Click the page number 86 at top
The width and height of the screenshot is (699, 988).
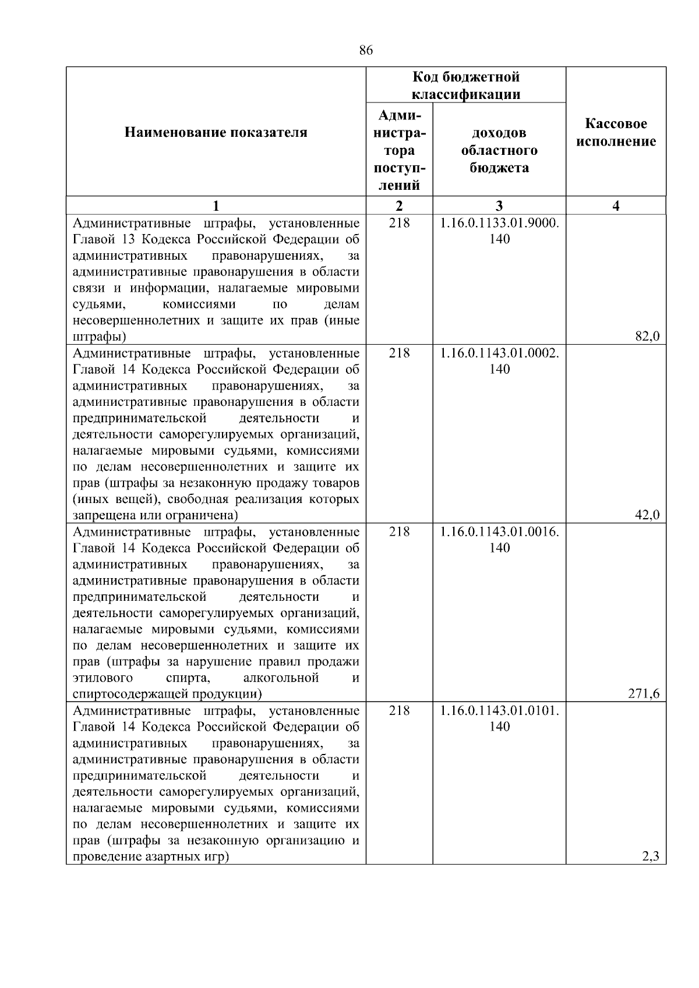pyautogui.click(x=366, y=50)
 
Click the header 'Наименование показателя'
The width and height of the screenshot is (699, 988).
pyautogui.click(x=216, y=133)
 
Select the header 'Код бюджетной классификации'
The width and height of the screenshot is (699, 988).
pyautogui.click(x=466, y=86)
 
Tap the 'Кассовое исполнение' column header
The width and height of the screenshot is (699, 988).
pyautogui.click(x=616, y=133)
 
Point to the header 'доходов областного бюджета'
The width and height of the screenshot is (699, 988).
pyautogui.click(x=499, y=150)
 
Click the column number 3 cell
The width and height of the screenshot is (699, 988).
pyautogui.click(x=499, y=206)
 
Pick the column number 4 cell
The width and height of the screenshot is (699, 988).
pyautogui.click(x=616, y=206)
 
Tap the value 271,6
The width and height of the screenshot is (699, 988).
pyautogui.click(x=644, y=693)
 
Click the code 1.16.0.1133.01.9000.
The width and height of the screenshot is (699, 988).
pyautogui.click(x=500, y=223)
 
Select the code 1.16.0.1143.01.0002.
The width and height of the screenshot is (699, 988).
pyautogui.click(x=500, y=353)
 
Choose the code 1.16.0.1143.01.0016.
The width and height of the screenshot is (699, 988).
pyautogui.click(x=500, y=532)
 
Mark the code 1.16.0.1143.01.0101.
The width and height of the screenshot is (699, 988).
pyautogui.click(x=500, y=710)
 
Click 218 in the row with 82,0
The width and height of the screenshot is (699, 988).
pyautogui.click(x=399, y=223)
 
